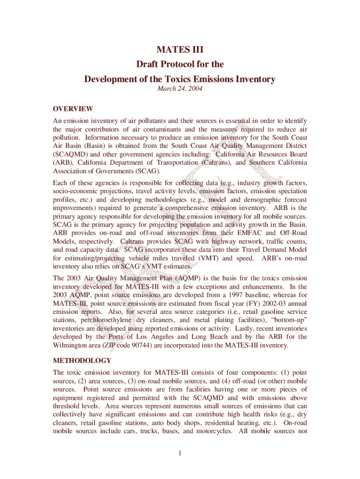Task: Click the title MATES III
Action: pyautogui.click(x=180, y=48)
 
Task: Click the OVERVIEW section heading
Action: pyautogui.click(x=73, y=109)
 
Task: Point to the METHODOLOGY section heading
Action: pyautogui.click(x=82, y=361)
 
